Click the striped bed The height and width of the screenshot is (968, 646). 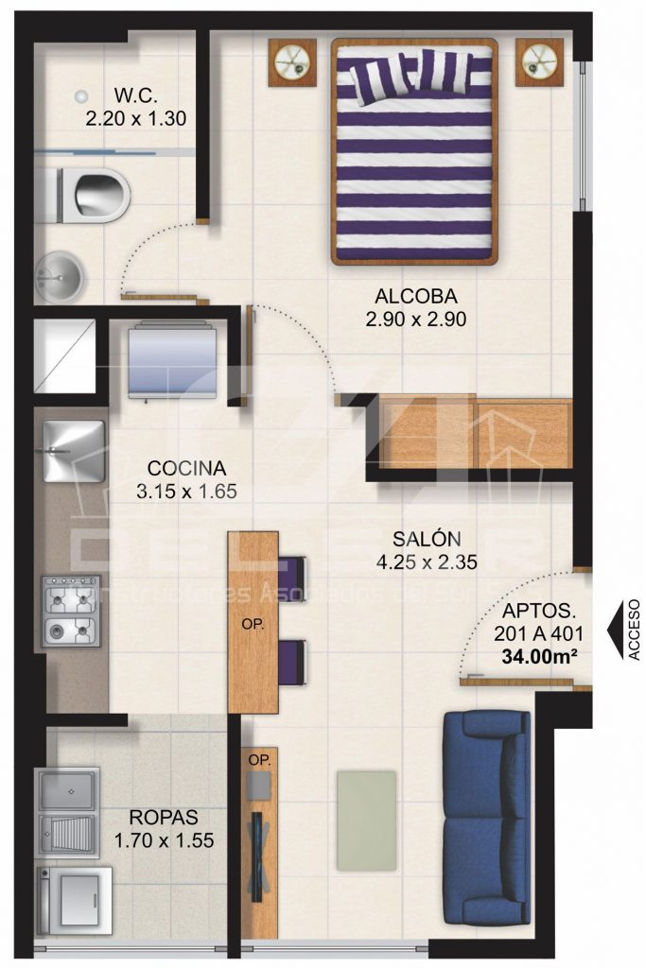(414, 151)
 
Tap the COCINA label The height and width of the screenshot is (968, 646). (186, 468)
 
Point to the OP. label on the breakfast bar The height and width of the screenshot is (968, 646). (254, 625)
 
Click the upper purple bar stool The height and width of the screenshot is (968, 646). (294, 573)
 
